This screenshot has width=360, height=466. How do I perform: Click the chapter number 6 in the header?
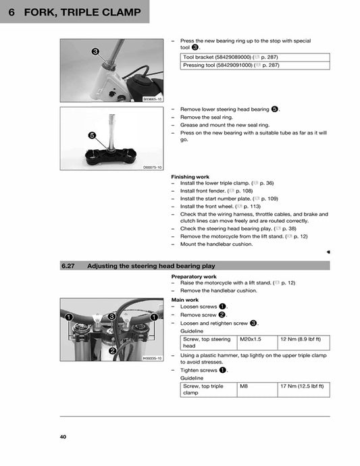pyautogui.click(x=12, y=12)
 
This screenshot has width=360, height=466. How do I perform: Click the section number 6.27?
pyautogui.click(x=68, y=266)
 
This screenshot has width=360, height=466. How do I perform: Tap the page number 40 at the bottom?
pyautogui.click(x=63, y=437)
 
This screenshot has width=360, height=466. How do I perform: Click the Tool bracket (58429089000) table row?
pyautogui.click(x=255, y=57)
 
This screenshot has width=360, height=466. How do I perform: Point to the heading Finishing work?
pyautogui.click(x=190, y=177)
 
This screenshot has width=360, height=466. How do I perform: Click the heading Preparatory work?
pyautogui.click(x=194, y=276)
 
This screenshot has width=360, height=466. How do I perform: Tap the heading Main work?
pyautogui.click(x=185, y=299)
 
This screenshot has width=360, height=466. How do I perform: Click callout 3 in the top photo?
pyautogui.click(x=95, y=52)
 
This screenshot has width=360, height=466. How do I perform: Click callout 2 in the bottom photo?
pyautogui.click(x=112, y=351)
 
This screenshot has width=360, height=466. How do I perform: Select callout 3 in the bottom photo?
pyautogui.click(x=111, y=316)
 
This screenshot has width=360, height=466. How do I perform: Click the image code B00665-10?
pyautogui.click(x=152, y=99)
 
